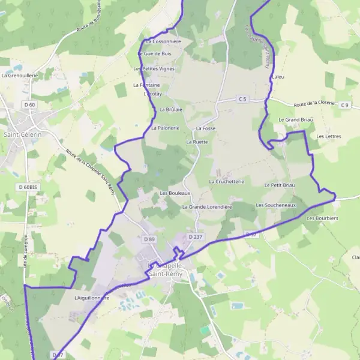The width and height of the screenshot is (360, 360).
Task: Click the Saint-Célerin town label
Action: tap(23, 134)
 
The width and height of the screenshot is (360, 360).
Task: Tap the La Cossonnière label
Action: tap(163, 41)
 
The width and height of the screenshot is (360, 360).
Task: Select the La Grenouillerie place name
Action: tap(20, 76)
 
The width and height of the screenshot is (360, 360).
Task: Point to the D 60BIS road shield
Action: tap(28, 187)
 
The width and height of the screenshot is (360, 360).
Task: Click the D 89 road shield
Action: tap(149, 239)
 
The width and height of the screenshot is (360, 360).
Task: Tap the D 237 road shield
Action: tap(195, 237)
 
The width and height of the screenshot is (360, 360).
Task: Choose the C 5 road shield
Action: tap(242, 98)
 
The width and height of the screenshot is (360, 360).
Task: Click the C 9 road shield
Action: tap(344, 106)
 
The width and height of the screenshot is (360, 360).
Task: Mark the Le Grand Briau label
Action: tap(296, 119)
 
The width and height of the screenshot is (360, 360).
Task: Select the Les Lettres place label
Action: tap(328, 136)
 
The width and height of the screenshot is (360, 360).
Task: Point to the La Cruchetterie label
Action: tap(226, 181)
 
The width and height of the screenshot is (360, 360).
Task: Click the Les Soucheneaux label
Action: tap(276, 205)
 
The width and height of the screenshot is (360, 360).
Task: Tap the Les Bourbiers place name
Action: tap(322, 218)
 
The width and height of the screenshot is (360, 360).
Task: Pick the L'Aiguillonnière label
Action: tap(91, 297)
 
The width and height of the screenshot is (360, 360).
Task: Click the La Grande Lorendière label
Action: tap(206, 206)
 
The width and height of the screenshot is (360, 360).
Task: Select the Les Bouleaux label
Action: tap(175, 193)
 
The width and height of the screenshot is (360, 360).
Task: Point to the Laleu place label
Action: tap(278, 77)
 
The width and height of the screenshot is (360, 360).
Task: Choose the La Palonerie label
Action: tap(166, 128)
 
